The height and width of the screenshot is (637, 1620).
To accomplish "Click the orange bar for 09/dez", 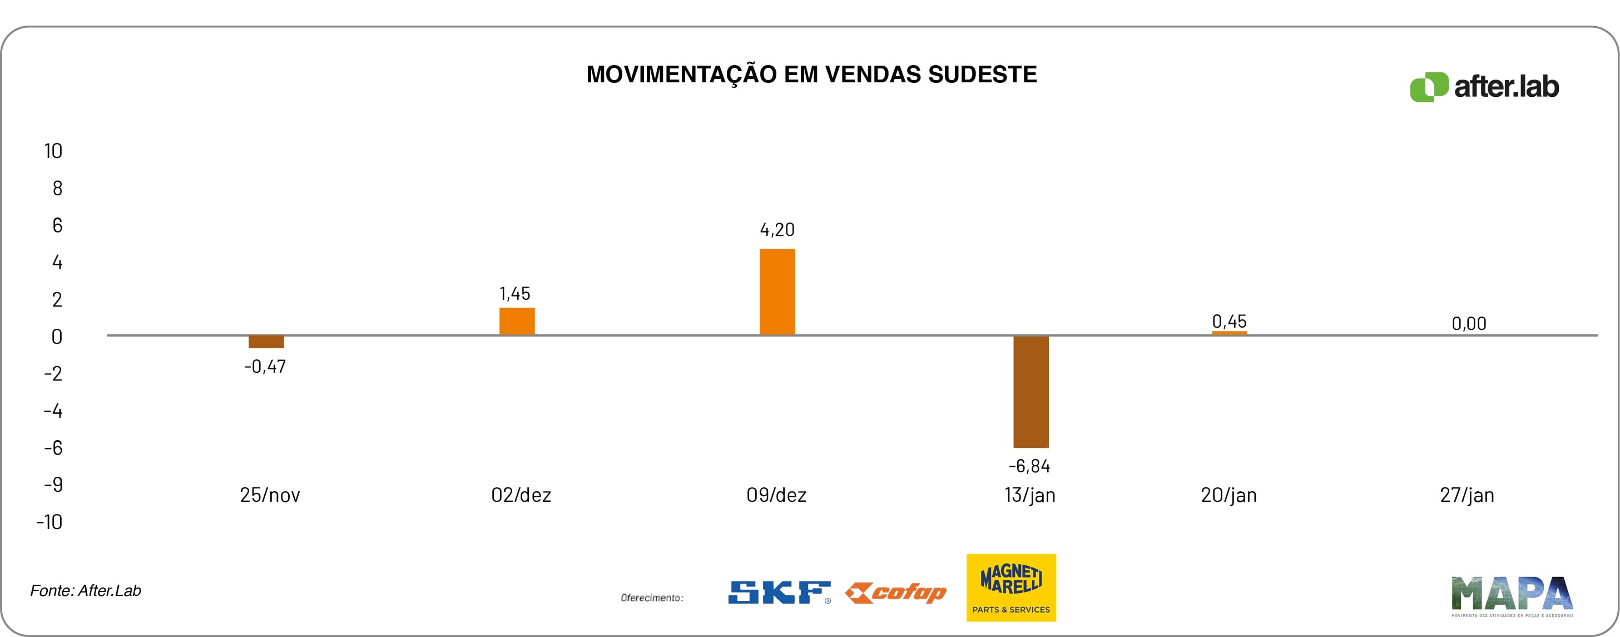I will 777,292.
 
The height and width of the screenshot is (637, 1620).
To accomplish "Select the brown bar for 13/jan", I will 1031,391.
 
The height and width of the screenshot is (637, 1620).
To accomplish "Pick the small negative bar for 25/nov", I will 266,342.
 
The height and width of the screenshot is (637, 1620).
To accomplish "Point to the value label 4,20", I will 777,230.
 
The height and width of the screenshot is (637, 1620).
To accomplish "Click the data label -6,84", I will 1029,466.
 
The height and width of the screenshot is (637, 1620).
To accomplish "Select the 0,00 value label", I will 1468,324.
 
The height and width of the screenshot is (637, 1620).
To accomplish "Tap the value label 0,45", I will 1229,322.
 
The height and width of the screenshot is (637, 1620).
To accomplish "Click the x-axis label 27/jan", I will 1467,495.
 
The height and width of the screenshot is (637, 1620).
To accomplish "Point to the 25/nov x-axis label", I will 270,495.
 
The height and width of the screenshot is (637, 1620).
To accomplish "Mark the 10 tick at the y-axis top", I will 53,151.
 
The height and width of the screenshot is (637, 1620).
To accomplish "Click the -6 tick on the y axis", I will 53,448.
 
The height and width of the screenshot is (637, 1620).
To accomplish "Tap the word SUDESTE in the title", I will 982,74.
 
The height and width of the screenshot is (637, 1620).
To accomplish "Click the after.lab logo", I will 1484,87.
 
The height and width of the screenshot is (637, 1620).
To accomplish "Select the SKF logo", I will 779,592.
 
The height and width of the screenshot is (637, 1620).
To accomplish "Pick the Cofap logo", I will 895,592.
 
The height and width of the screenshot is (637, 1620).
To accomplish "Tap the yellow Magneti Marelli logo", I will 1010,587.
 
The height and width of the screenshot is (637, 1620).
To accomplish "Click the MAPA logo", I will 1512,595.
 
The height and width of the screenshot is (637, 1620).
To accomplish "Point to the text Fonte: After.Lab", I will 86,590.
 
